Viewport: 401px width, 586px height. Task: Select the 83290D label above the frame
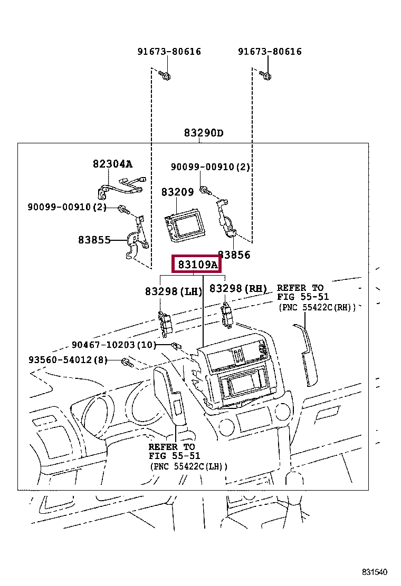click(204, 133)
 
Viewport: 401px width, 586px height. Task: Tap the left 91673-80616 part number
click(169, 52)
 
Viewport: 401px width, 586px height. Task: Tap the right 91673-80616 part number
click(270, 52)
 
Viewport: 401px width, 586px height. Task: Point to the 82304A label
click(113, 164)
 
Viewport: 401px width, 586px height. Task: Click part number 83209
click(178, 192)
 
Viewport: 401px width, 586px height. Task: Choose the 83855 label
click(94, 240)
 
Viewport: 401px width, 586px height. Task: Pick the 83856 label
click(234, 255)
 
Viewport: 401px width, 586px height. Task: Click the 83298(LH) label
click(174, 291)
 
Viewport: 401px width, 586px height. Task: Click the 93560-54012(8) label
click(68, 360)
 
